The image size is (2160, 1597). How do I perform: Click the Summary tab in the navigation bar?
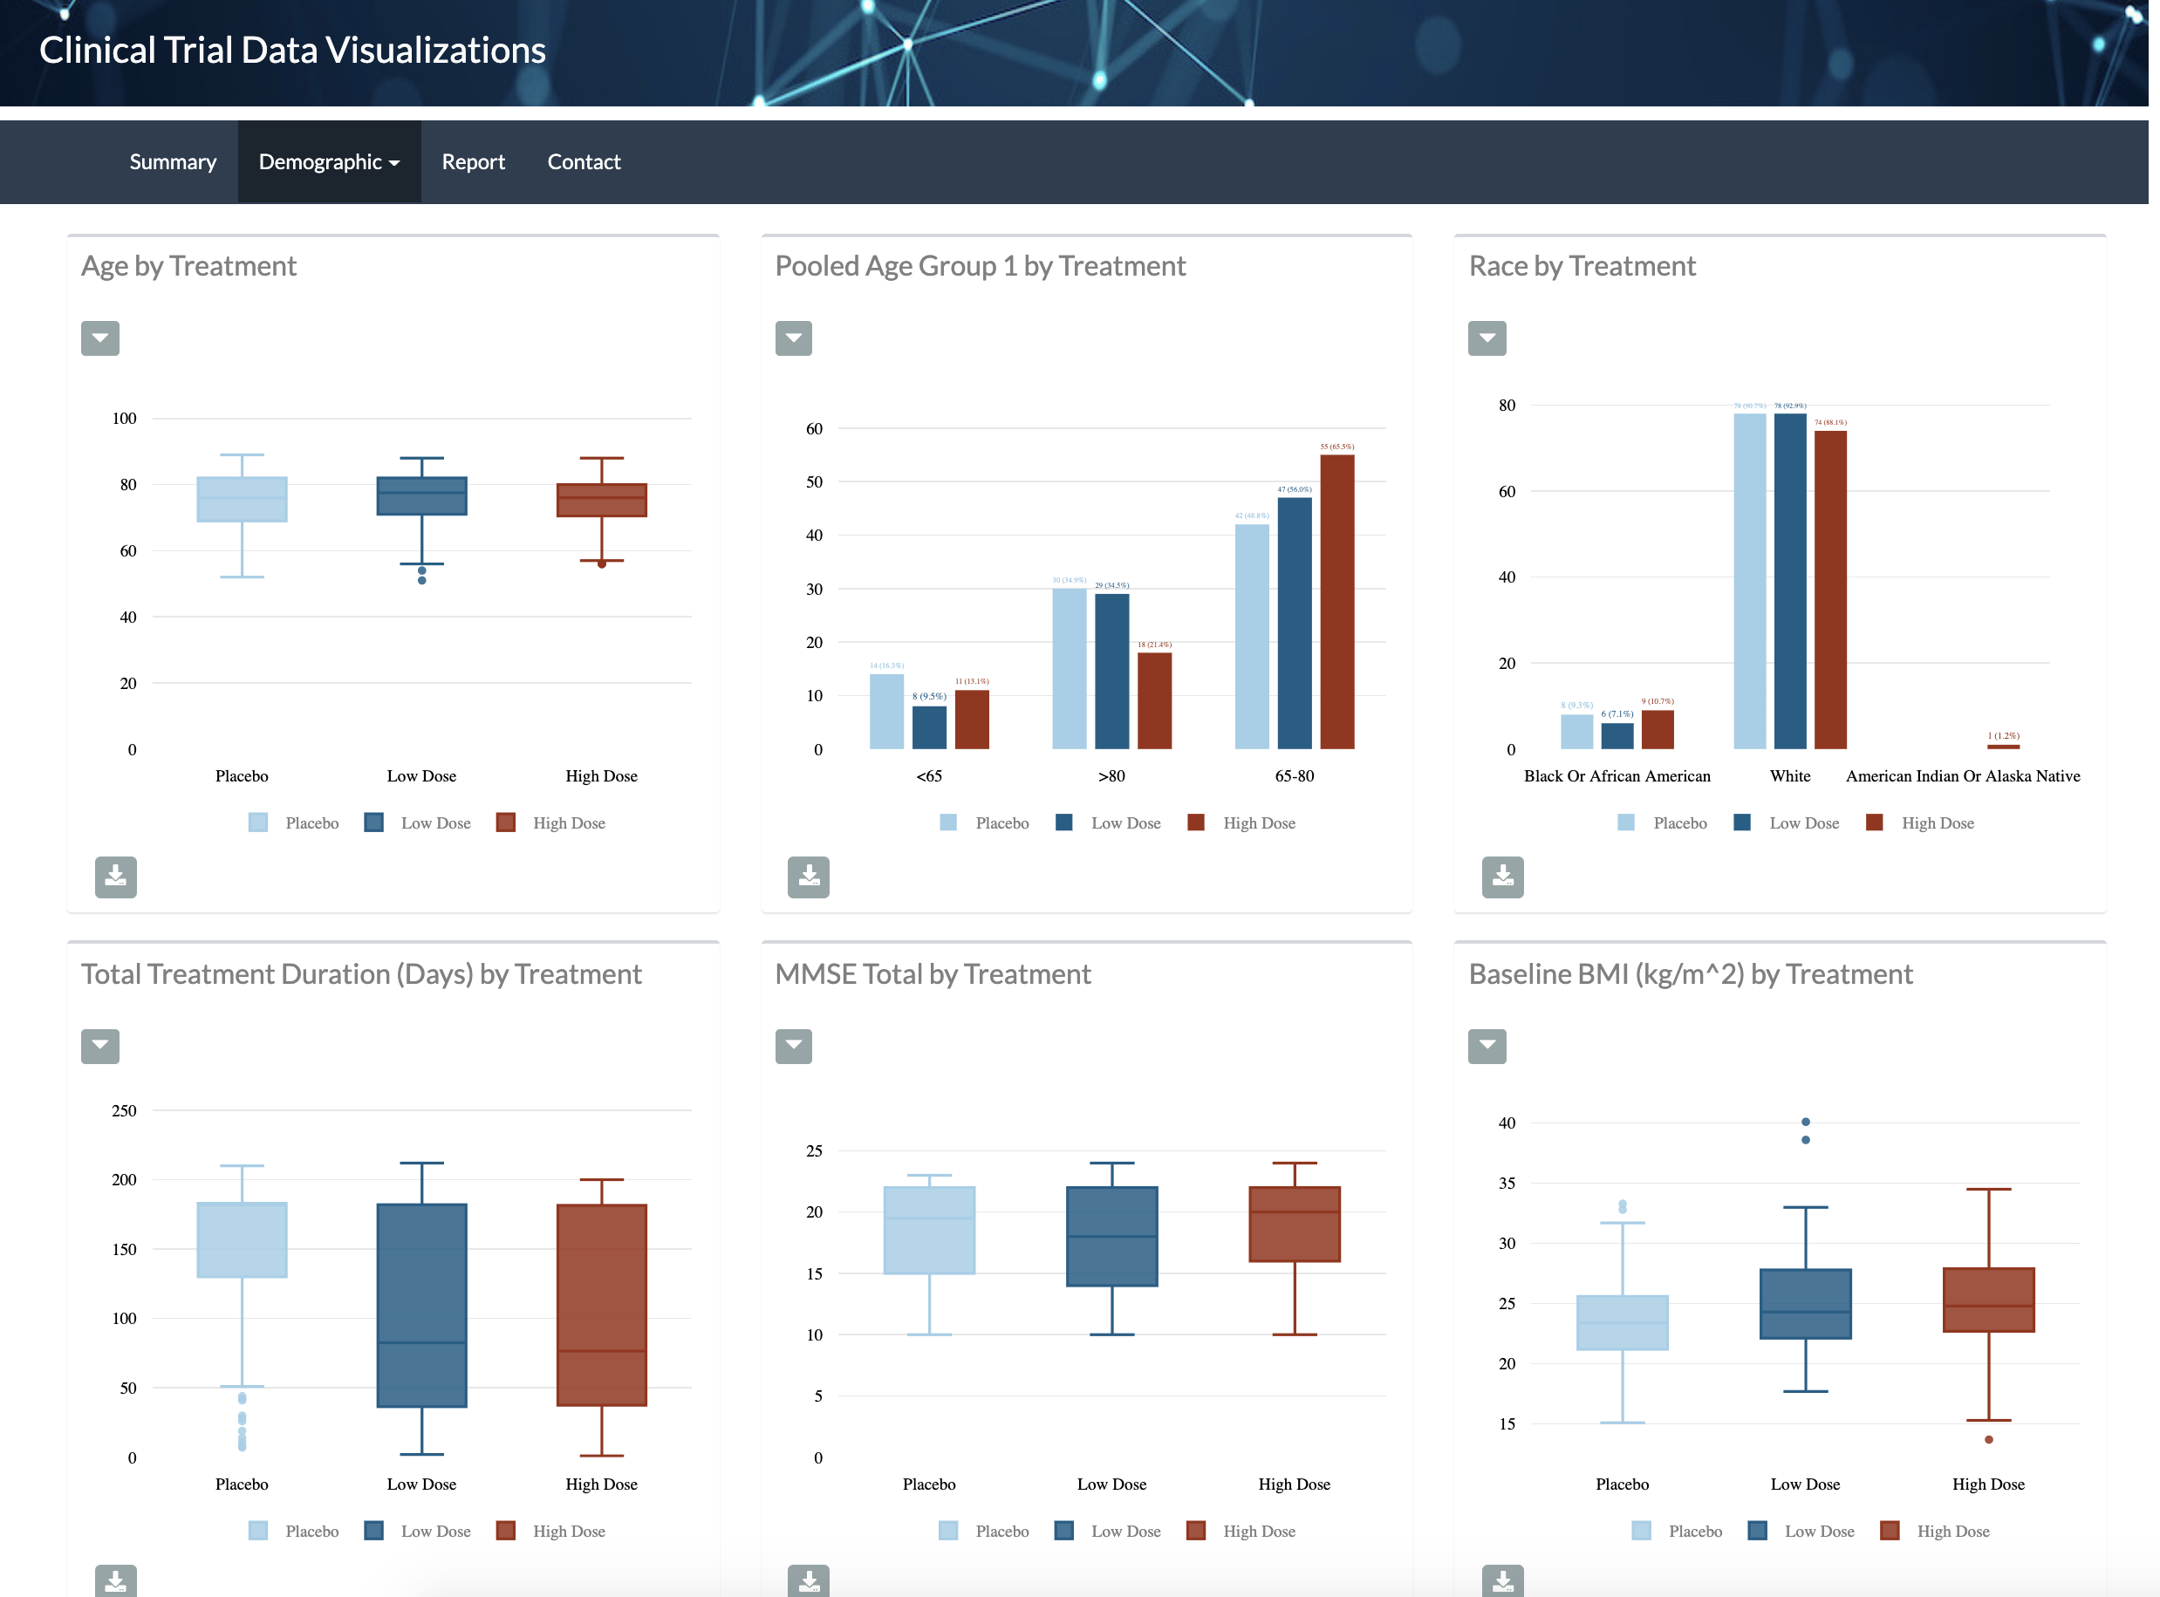pyautogui.click(x=172, y=161)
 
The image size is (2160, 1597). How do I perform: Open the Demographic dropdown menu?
pyautogui.click(x=329, y=161)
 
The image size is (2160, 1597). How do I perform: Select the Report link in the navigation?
pyautogui.click(x=473, y=161)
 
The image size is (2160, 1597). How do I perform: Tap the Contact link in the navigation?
pyautogui.click(x=583, y=161)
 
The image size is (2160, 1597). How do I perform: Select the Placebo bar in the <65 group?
pyautogui.click(x=885, y=712)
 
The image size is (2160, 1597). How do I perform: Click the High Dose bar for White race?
pyautogui.click(x=1829, y=590)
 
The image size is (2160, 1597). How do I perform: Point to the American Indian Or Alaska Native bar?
pyautogui.click(x=2002, y=747)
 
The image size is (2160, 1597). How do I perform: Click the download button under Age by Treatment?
pyautogui.click(x=115, y=877)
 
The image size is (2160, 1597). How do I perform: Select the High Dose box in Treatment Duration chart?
pyautogui.click(x=601, y=1304)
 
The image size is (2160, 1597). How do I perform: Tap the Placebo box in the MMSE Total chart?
pyautogui.click(x=928, y=1230)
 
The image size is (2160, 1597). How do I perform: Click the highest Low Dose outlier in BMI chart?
pyautogui.click(x=1805, y=1122)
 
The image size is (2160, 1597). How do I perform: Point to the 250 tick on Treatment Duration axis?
pyautogui.click(x=124, y=1110)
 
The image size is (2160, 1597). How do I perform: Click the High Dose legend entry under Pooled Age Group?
pyautogui.click(x=1243, y=822)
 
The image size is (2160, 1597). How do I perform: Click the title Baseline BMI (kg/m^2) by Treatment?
pyautogui.click(x=1689, y=973)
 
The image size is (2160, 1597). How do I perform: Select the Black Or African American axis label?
pyautogui.click(x=1616, y=775)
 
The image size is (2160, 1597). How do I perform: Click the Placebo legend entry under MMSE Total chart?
pyautogui.click(x=985, y=1531)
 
